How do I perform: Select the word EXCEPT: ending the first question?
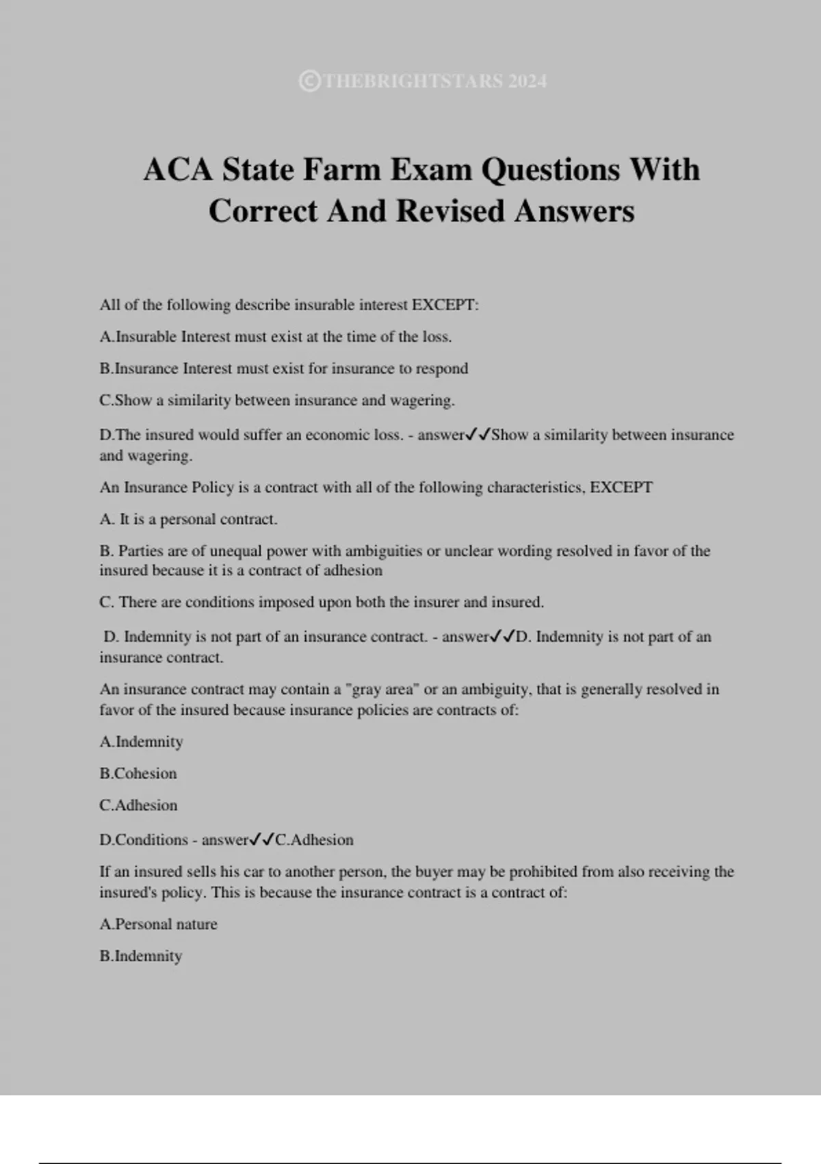(x=445, y=305)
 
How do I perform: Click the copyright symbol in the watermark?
(x=309, y=81)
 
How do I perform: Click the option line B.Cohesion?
(x=138, y=774)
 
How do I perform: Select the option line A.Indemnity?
(x=141, y=742)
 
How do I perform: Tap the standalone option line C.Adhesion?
(x=138, y=805)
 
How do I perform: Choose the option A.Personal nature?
(x=158, y=924)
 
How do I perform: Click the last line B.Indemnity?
(x=140, y=956)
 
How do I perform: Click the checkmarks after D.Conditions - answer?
(x=262, y=839)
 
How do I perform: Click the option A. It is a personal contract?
(x=188, y=520)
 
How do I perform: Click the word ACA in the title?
(x=178, y=169)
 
